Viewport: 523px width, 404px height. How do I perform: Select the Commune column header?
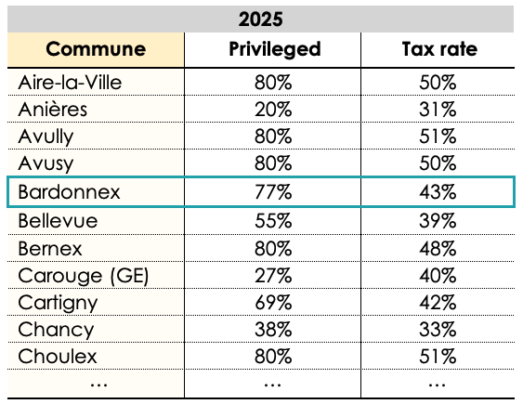96,49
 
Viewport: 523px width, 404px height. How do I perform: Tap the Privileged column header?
274,49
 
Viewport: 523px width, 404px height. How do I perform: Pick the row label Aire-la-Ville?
71,83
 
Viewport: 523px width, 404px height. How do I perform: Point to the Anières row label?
53,110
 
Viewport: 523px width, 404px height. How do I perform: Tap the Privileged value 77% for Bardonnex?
273,192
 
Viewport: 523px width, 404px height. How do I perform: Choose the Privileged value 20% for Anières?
273,110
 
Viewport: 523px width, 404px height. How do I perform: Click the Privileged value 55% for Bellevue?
273,220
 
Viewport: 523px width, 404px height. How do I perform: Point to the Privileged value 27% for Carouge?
273,275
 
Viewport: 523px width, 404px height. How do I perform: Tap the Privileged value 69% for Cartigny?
273,302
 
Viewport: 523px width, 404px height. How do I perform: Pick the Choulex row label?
58,357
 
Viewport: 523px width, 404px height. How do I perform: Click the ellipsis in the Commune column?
96,383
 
